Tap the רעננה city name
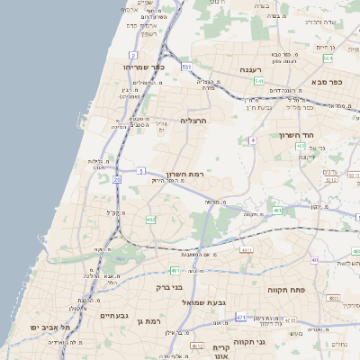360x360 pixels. (x=250, y=69)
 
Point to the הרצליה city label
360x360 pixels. (x=193, y=120)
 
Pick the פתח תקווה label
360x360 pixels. (x=288, y=291)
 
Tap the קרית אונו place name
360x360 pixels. (x=221, y=352)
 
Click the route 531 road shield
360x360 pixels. (x=186, y=67)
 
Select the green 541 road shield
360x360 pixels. (x=258, y=81)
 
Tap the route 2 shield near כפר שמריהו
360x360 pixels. (x=133, y=55)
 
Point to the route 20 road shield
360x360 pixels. (x=118, y=179)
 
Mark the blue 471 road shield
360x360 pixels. (x=240, y=318)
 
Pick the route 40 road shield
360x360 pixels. (x=315, y=260)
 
